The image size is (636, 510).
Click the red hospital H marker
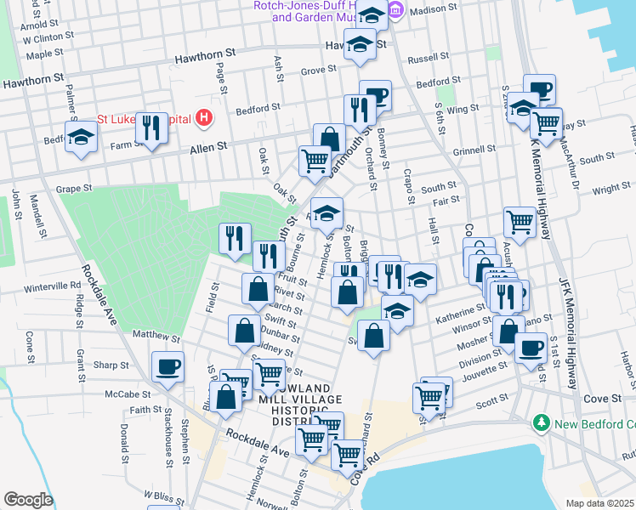pos(204,118)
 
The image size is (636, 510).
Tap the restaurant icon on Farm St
pos(151,128)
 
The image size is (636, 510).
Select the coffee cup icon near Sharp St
pos(167,367)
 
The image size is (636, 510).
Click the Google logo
pos(28,500)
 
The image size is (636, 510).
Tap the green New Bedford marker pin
pos(540,422)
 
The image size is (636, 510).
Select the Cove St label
pos(604,398)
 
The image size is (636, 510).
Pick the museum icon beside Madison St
pos(395,10)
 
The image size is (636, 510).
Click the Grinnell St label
pos(468,151)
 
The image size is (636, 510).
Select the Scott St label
pos(491,405)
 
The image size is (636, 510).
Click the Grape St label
pos(73,189)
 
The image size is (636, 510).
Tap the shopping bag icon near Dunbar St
pos(244,331)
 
